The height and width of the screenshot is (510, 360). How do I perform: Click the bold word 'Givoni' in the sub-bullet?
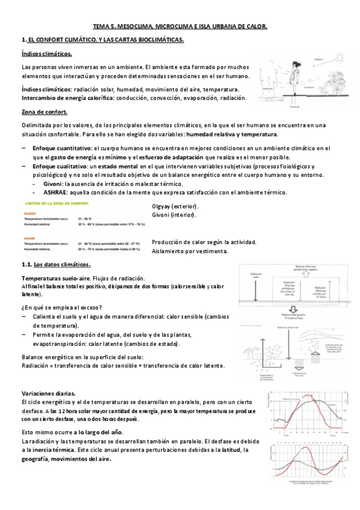[x=53, y=183]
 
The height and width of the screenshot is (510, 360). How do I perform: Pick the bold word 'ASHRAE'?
[x=55, y=192]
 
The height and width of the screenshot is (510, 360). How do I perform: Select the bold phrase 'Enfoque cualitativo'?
[x=59, y=166]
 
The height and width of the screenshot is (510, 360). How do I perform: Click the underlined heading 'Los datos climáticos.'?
[x=63, y=265]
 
